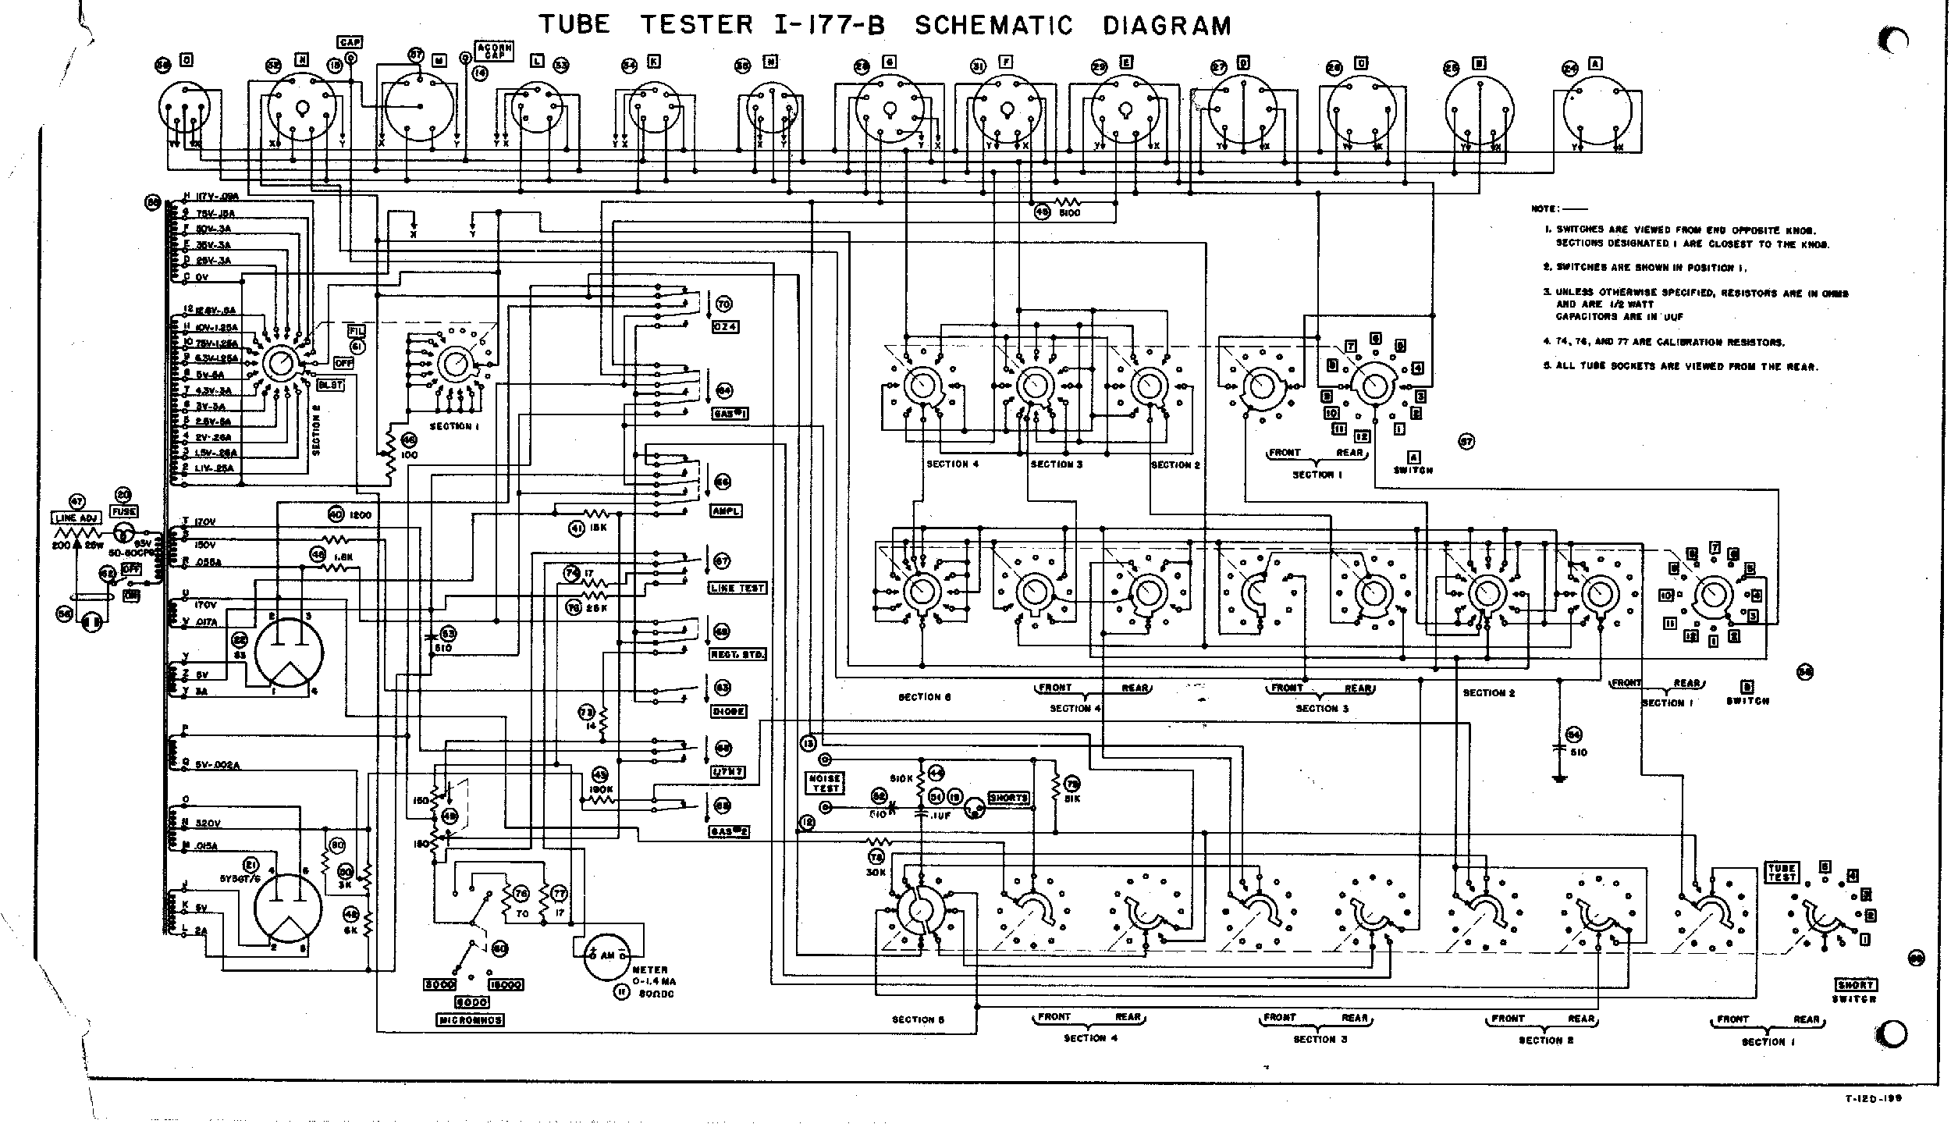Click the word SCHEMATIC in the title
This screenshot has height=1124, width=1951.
[x=993, y=26]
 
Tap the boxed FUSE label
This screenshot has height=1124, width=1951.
[x=124, y=511]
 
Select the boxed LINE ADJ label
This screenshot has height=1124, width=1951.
[x=75, y=518]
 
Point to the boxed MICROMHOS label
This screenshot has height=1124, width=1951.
[x=471, y=1020]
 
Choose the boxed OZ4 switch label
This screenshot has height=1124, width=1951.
[x=725, y=326]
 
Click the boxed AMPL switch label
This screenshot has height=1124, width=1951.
[x=726, y=510]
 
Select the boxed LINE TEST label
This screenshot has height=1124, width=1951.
[x=737, y=588]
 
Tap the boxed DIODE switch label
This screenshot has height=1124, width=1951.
[x=727, y=711]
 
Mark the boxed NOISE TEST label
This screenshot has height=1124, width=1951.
[x=824, y=783]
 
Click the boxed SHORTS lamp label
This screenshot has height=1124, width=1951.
[x=1009, y=798]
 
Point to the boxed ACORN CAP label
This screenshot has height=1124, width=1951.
[x=494, y=52]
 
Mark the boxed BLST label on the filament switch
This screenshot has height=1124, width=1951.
[x=330, y=385]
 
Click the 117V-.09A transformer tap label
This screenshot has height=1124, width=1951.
[x=210, y=197]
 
